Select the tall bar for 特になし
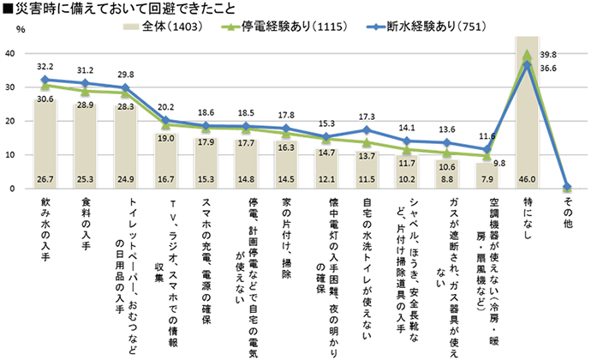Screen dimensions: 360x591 [x=526, y=111]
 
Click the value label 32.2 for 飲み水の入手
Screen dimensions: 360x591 [x=45, y=65]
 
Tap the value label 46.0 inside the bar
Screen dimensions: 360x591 [x=526, y=178]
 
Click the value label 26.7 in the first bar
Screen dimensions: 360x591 [x=45, y=178]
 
